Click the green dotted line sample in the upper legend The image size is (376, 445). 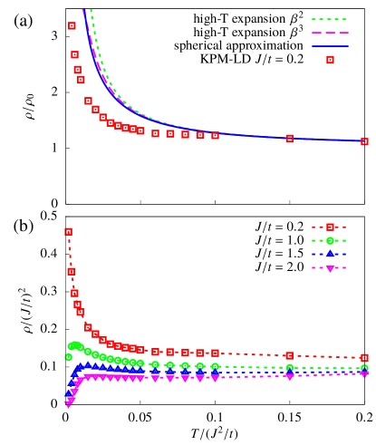click(330, 19)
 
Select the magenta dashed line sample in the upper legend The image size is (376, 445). click(330, 33)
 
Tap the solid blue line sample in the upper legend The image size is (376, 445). click(330, 46)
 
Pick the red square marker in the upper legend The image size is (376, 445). click(330, 60)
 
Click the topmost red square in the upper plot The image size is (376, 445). click(72, 25)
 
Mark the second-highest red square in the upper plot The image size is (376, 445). click(74, 54)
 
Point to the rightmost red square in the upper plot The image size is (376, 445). click(364, 141)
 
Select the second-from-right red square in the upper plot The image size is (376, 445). click(289, 138)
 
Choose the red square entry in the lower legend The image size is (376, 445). click(330, 227)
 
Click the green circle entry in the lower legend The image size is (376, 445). click(330, 240)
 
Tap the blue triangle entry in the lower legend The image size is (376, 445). click(330, 254)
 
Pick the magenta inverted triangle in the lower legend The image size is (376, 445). click(330, 268)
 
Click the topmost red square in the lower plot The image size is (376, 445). click(68, 231)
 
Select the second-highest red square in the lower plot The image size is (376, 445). click(71, 271)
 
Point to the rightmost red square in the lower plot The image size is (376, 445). click(364, 357)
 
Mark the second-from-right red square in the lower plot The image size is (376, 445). click(289, 355)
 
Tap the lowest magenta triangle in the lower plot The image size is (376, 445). click(68, 405)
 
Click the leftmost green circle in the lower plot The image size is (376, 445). click(68, 357)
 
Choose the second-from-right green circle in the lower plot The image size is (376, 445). click(289, 368)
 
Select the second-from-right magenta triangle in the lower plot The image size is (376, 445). click(289, 376)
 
